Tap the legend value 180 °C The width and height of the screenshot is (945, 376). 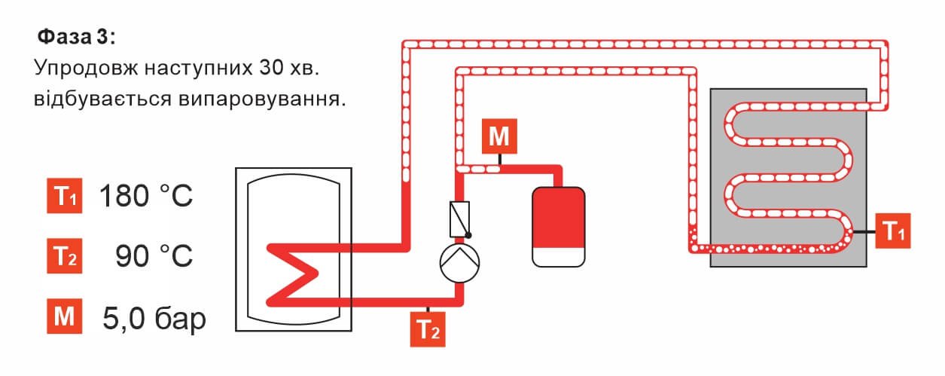coord(146,197)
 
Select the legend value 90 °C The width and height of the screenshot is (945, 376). coord(154,256)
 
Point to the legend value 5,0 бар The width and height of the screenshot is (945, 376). coord(154,316)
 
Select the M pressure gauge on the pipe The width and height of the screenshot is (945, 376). coord(500,137)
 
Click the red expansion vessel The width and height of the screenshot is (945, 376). coord(558,215)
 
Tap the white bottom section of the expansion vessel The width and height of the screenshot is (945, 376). coord(558,255)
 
